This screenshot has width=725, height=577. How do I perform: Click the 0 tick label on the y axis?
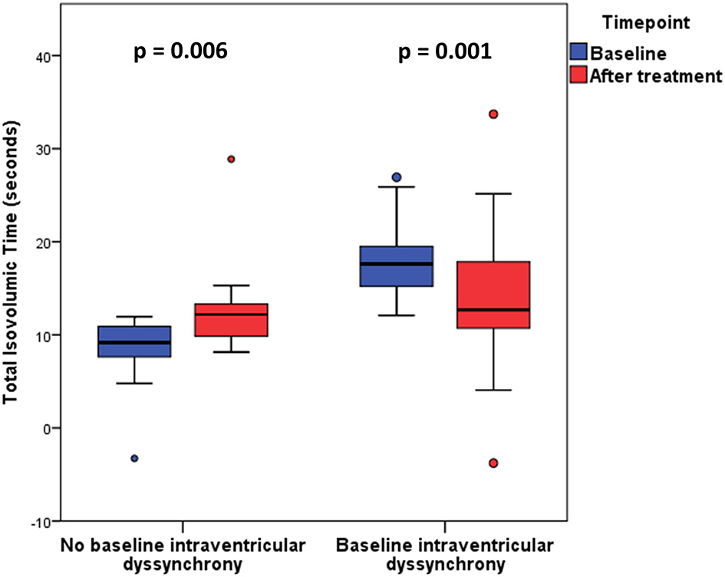click(48, 428)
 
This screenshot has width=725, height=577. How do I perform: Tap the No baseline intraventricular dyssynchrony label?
click(183, 555)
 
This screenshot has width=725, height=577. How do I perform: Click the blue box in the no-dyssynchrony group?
click(134, 342)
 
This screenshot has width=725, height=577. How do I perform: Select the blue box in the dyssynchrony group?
click(396, 266)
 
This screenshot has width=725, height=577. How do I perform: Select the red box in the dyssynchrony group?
click(493, 295)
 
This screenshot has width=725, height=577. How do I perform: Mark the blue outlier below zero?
click(134, 458)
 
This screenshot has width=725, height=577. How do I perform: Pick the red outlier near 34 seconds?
click(493, 114)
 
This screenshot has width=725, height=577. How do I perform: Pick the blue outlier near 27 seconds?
click(396, 177)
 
